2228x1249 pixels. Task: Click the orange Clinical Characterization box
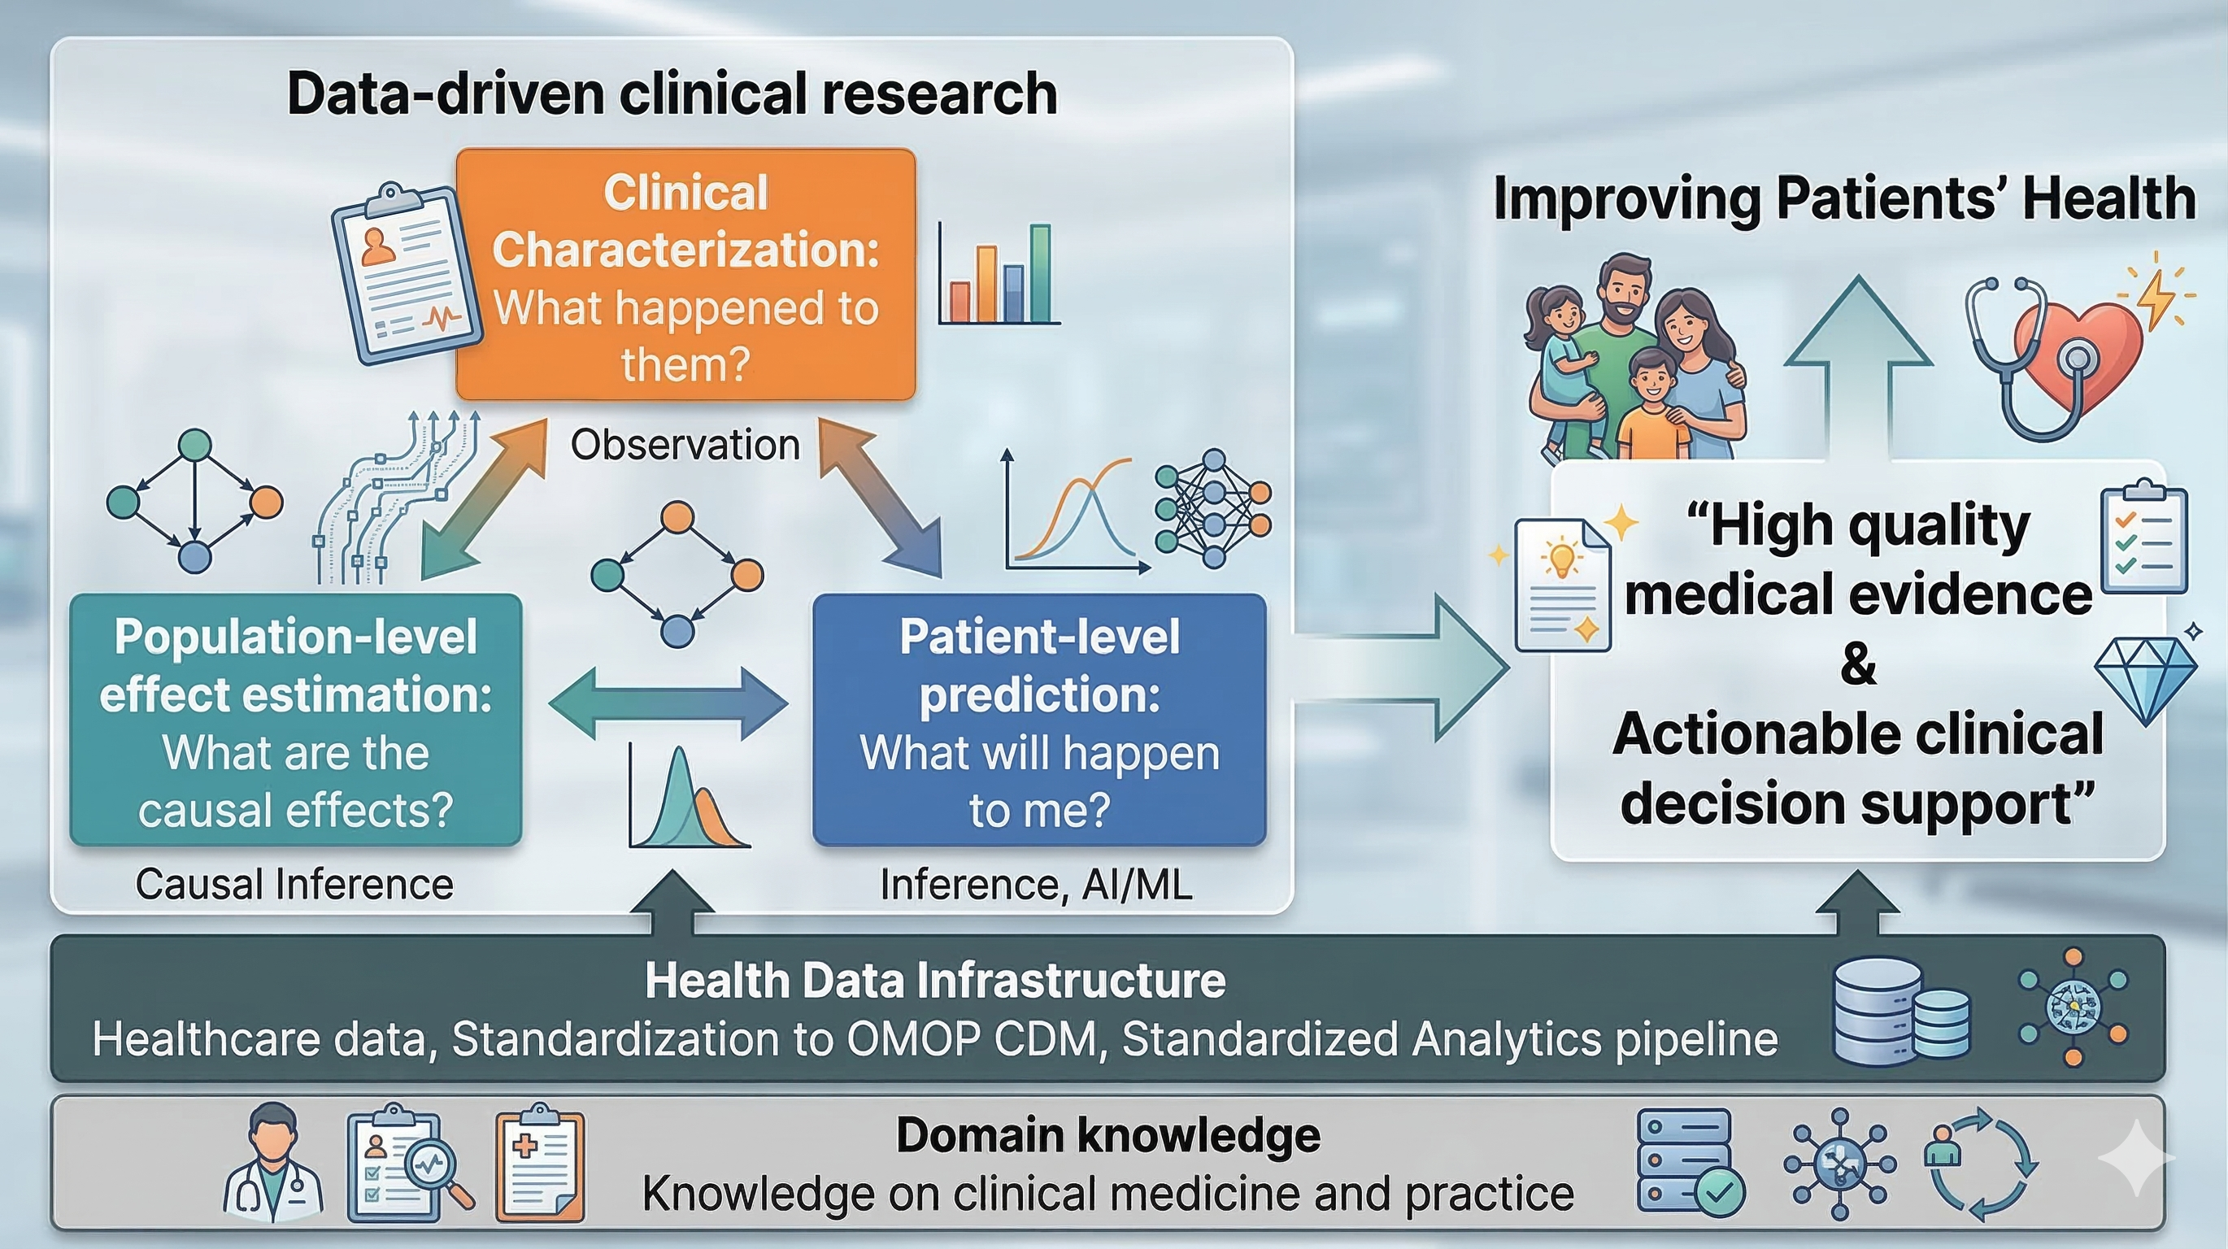(685, 274)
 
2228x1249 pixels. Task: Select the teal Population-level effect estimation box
(296, 720)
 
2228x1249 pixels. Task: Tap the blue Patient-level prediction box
(1040, 720)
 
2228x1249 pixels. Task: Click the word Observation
(685, 445)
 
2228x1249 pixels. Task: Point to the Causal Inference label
(294, 884)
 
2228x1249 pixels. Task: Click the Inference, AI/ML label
(1036, 884)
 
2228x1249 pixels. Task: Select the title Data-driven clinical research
(672, 94)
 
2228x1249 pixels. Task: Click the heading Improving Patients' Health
(1844, 199)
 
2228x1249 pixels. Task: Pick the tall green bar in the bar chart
(1041, 273)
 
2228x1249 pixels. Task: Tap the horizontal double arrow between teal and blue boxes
(668, 703)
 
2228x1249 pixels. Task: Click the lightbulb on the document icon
(1561, 557)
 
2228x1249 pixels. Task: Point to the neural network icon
(1212, 507)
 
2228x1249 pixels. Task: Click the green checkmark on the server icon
(1719, 1194)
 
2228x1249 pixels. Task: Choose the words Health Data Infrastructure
(935, 981)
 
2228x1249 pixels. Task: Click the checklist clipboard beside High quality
(2143, 537)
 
